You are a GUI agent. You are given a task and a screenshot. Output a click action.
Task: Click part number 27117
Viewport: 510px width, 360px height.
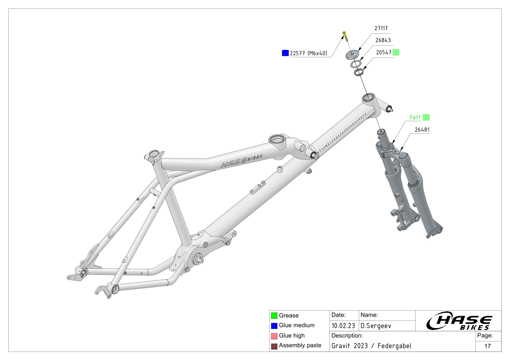[381, 28]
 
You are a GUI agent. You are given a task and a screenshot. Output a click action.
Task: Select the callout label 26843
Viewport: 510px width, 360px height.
[383, 40]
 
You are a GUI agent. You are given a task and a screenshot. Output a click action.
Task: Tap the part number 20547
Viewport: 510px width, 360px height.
[384, 52]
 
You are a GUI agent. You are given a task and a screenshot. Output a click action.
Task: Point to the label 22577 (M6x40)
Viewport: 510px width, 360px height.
[309, 53]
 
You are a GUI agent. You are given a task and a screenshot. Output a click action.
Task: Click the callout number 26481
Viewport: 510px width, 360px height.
[422, 130]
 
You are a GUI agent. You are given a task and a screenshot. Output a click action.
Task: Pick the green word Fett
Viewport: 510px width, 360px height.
[415, 117]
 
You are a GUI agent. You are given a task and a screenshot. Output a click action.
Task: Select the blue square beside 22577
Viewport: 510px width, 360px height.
[285, 53]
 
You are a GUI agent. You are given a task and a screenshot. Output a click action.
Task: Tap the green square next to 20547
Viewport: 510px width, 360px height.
[396, 52]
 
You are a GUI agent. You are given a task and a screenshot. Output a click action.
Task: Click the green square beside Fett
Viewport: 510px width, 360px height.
[426, 117]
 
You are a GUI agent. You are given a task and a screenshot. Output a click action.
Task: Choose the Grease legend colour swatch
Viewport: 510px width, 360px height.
[274, 316]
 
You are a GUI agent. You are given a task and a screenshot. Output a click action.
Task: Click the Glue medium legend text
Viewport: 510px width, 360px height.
[297, 325]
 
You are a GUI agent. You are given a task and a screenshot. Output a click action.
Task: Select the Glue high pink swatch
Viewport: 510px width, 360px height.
[274, 336]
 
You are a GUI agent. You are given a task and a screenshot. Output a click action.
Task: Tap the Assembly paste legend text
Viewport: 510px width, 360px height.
[300, 345]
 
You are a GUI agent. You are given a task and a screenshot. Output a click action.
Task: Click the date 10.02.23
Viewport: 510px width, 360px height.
[343, 326]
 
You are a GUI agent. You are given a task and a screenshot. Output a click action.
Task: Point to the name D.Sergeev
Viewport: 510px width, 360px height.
[376, 326]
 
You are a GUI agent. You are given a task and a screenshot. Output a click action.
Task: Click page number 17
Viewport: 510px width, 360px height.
[488, 346]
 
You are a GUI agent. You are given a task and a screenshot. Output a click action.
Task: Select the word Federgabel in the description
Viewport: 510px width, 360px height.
[394, 346]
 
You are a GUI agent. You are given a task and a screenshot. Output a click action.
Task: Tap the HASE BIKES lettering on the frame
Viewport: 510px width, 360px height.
[241, 161]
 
